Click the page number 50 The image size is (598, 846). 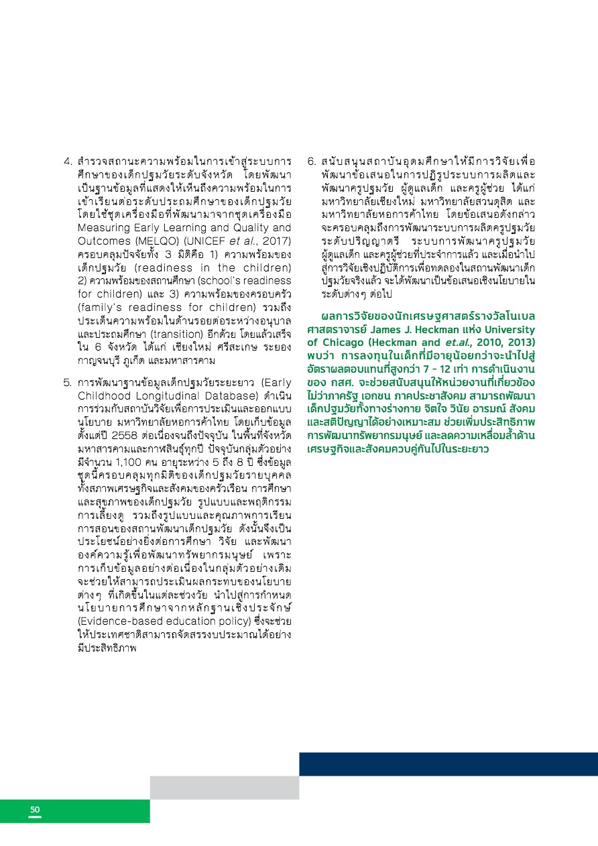click(35, 810)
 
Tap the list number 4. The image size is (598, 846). click(67, 162)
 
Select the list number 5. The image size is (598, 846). click(67, 383)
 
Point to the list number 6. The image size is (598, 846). click(311, 162)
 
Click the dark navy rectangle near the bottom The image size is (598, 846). click(448, 764)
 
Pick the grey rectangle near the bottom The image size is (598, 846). click(224, 787)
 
